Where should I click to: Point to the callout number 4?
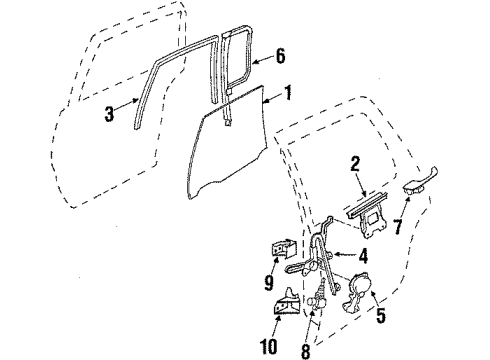[364, 255]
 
